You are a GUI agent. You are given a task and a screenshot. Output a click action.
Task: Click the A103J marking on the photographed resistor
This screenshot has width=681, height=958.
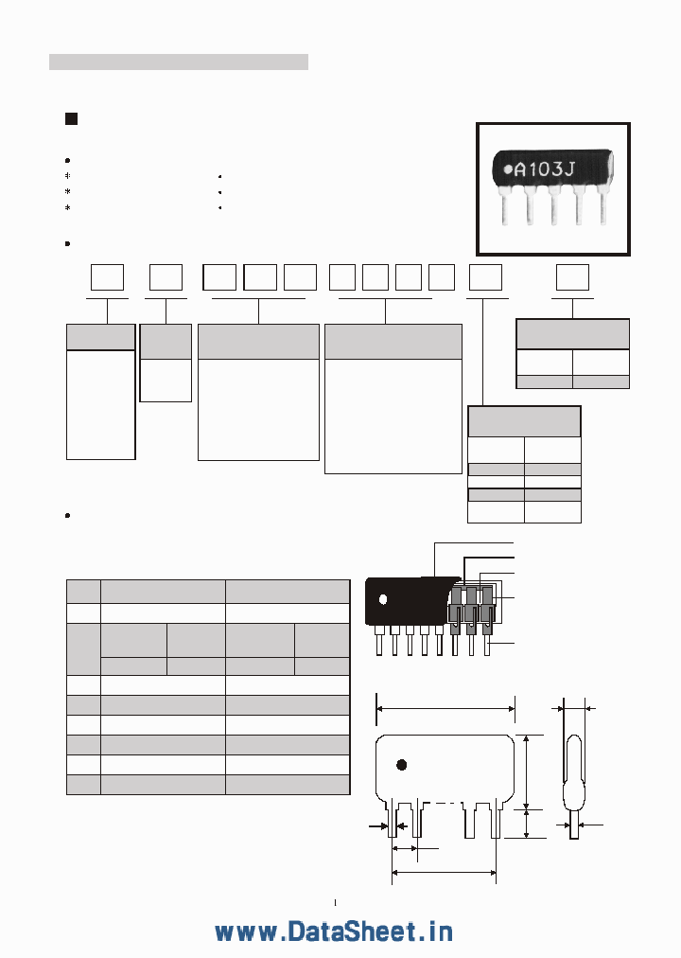click(x=550, y=170)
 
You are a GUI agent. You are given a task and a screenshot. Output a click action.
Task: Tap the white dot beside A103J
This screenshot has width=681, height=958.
click(x=508, y=170)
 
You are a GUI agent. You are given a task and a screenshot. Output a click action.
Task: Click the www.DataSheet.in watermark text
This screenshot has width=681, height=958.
click(x=333, y=931)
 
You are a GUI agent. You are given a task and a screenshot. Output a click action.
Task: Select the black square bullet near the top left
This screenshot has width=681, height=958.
click(x=70, y=118)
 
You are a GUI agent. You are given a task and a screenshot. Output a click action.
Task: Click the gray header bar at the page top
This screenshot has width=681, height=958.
click(x=179, y=62)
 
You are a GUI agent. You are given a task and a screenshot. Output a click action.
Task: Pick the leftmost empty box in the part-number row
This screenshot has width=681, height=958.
click(x=107, y=277)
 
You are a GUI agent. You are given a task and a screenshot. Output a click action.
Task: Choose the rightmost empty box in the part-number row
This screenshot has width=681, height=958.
click(x=571, y=277)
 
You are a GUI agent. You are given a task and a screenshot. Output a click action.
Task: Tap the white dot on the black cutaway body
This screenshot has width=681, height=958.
click(x=383, y=599)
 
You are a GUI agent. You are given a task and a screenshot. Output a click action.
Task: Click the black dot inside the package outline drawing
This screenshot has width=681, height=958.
click(x=401, y=764)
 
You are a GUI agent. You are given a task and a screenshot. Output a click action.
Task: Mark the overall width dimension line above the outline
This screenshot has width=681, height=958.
click(x=445, y=706)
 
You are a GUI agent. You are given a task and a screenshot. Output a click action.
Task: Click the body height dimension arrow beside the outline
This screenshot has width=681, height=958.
click(x=527, y=771)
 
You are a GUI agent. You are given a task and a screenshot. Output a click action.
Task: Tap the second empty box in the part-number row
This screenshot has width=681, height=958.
click(x=166, y=277)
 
